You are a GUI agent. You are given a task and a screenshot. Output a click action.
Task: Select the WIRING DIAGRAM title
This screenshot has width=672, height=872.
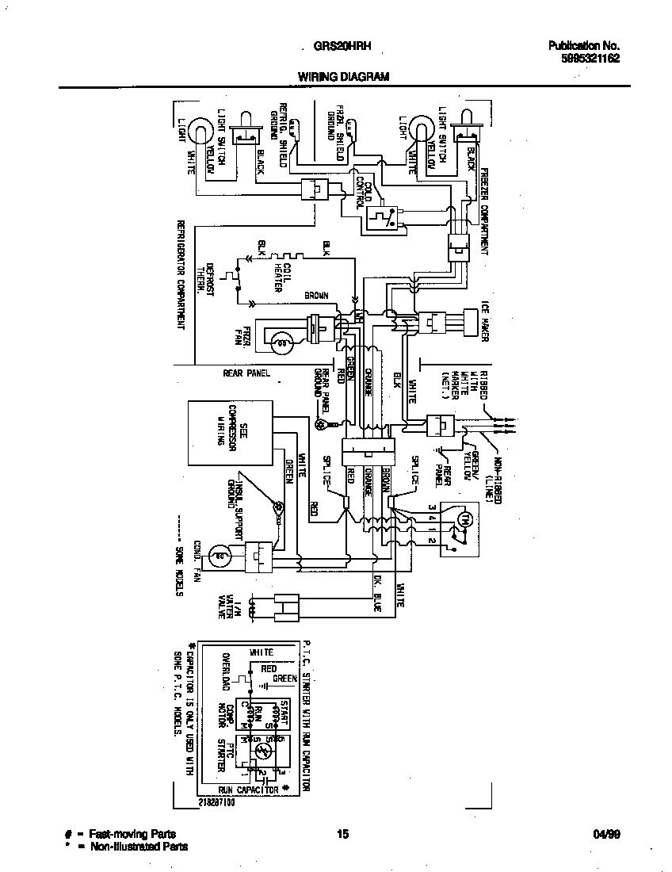(343, 77)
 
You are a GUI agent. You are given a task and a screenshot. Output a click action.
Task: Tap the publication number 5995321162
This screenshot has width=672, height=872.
(585, 58)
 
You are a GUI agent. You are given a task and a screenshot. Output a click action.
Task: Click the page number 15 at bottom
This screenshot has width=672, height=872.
(342, 834)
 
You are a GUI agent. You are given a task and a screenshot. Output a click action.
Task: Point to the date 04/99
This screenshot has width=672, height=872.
(605, 834)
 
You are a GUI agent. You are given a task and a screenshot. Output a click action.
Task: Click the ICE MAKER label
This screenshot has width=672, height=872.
(485, 320)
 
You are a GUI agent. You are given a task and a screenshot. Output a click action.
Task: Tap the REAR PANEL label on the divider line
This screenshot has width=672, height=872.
(246, 373)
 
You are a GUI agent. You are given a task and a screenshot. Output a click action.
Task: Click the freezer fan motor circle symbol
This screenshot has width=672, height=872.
(281, 342)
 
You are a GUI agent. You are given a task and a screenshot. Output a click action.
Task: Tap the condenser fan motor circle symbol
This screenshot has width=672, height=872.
(222, 556)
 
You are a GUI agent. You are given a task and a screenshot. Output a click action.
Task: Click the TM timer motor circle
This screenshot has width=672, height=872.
(466, 519)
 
